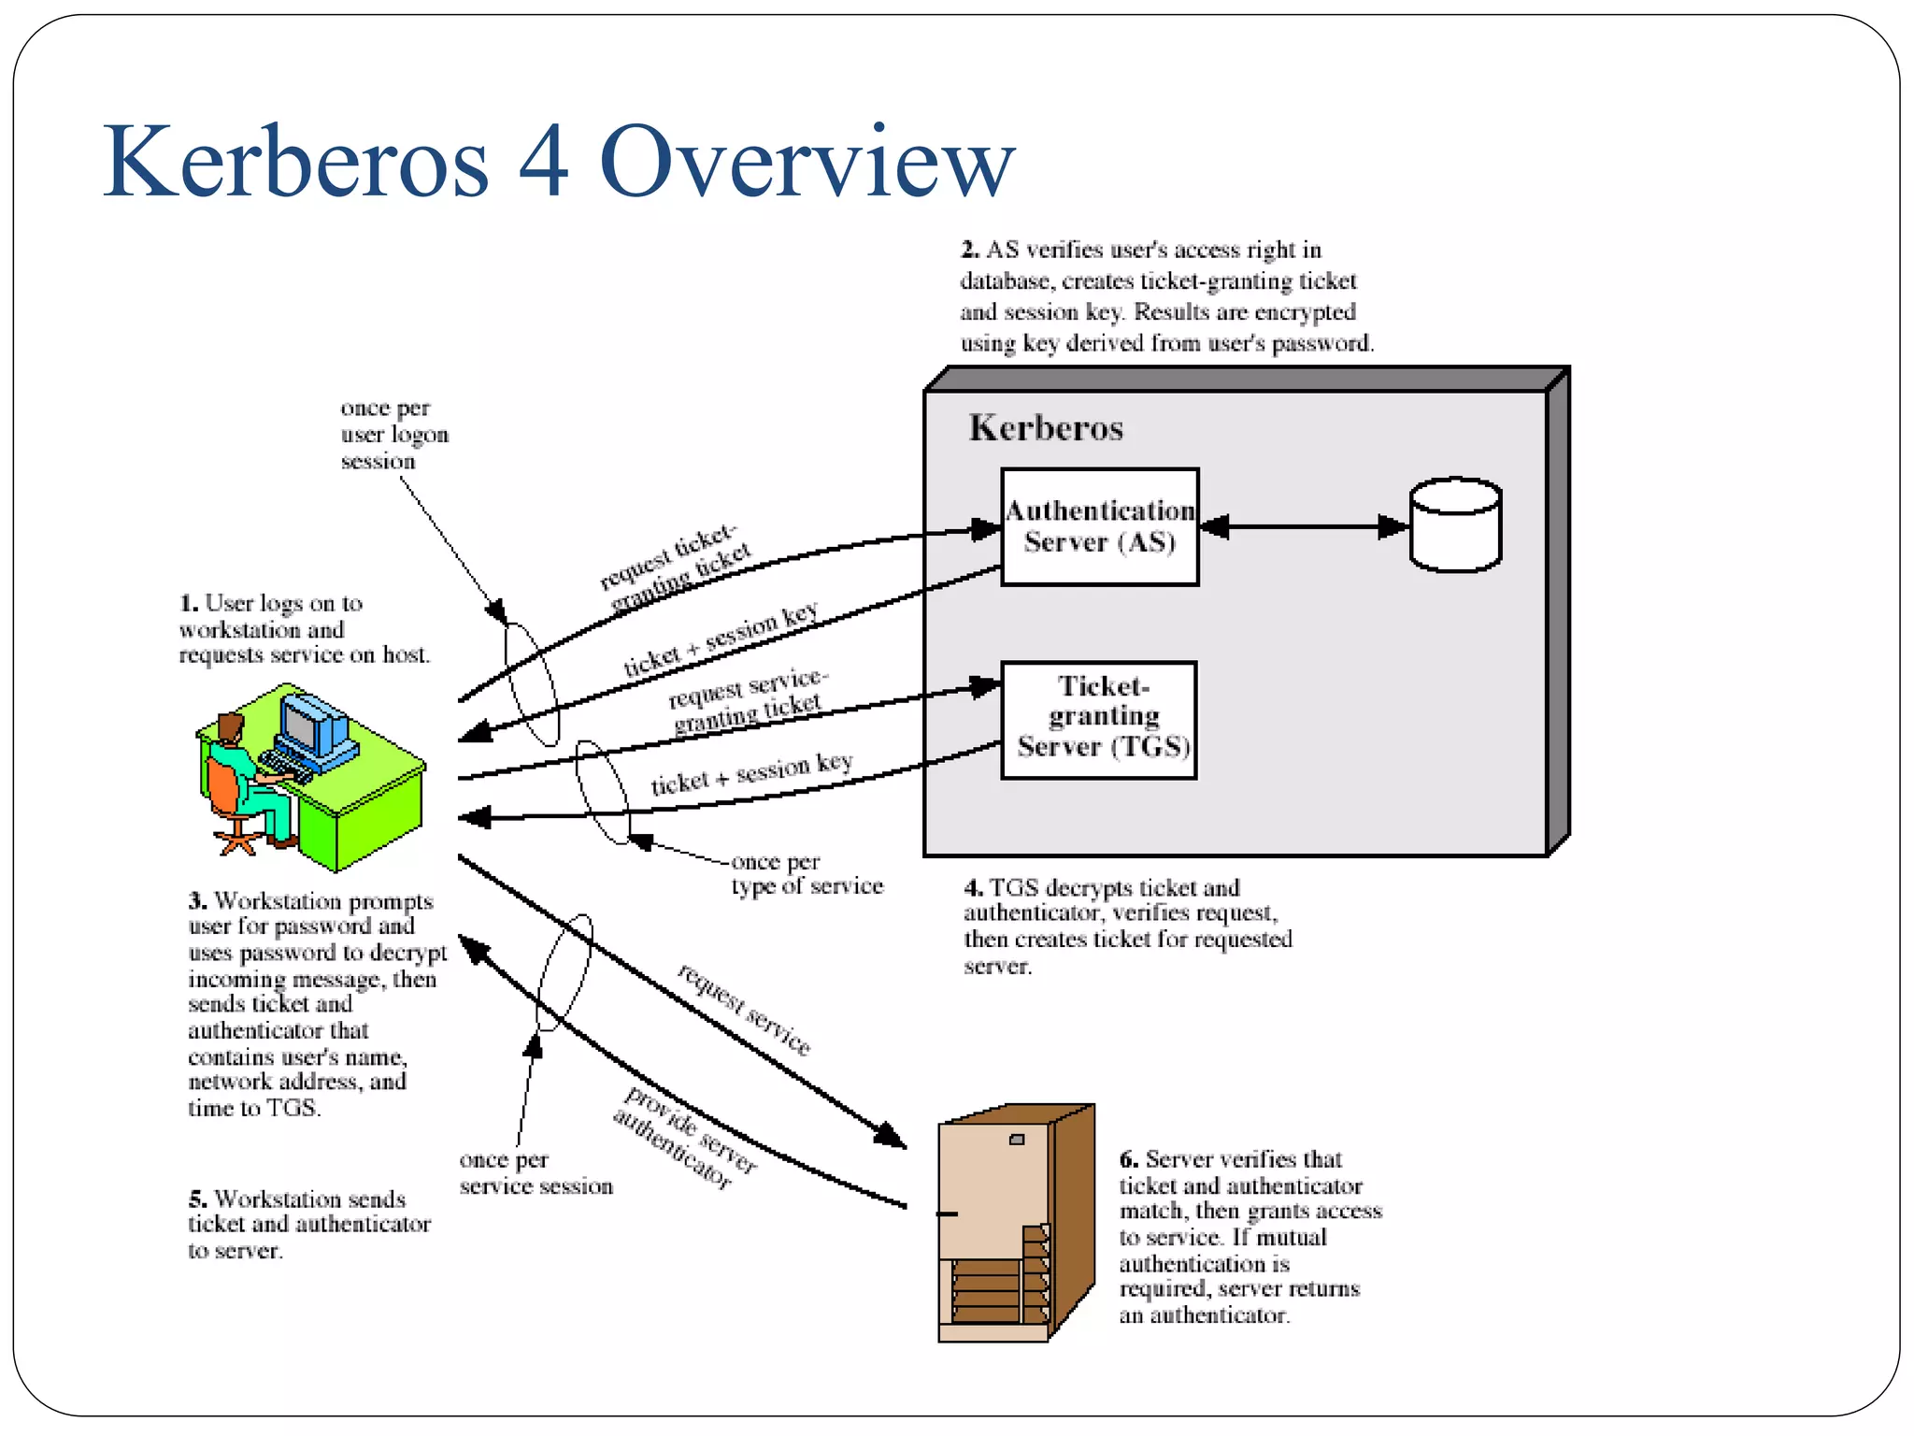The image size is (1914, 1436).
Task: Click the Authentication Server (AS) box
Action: (x=1099, y=526)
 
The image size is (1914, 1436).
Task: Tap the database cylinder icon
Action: (x=1455, y=524)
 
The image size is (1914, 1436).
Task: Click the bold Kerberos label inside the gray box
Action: (x=1046, y=428)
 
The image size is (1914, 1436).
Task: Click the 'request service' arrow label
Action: (x=744, y=1010)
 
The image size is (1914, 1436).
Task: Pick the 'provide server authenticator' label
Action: (x=686, y=1138)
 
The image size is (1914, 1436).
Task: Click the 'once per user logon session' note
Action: (x=393, y=435)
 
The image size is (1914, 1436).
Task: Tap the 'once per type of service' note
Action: (x=806, y=873)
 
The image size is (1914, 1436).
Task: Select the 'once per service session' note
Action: (x=535, y=1173)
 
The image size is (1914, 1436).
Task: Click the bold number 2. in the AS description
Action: (x=970, y=250)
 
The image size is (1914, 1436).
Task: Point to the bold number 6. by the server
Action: (x=1129, y=1159)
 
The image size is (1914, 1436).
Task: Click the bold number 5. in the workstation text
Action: (x=197, y=1199)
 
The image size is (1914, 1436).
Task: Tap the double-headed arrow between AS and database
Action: (x=1303, y=526)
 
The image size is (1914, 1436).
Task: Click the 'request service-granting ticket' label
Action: (x=747, y=701)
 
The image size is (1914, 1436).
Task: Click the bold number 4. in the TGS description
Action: (x=973, y=887)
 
